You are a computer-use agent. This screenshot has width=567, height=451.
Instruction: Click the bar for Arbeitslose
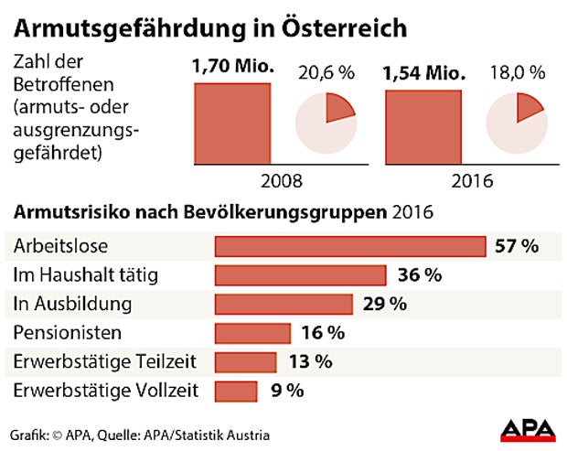click(x=349, y=247)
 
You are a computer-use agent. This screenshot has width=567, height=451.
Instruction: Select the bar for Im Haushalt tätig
click(x=300, y=275)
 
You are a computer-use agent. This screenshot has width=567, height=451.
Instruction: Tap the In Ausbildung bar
click(x=283, y=304)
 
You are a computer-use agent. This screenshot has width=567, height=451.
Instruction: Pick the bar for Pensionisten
click(x=252, y=333)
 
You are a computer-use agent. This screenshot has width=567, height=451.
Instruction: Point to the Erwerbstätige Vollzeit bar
click(x=236, y=391)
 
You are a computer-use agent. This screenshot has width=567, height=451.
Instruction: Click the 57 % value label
click(x=516, y=246)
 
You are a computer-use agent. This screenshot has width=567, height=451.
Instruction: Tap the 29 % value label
click(x=384, y=304)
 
